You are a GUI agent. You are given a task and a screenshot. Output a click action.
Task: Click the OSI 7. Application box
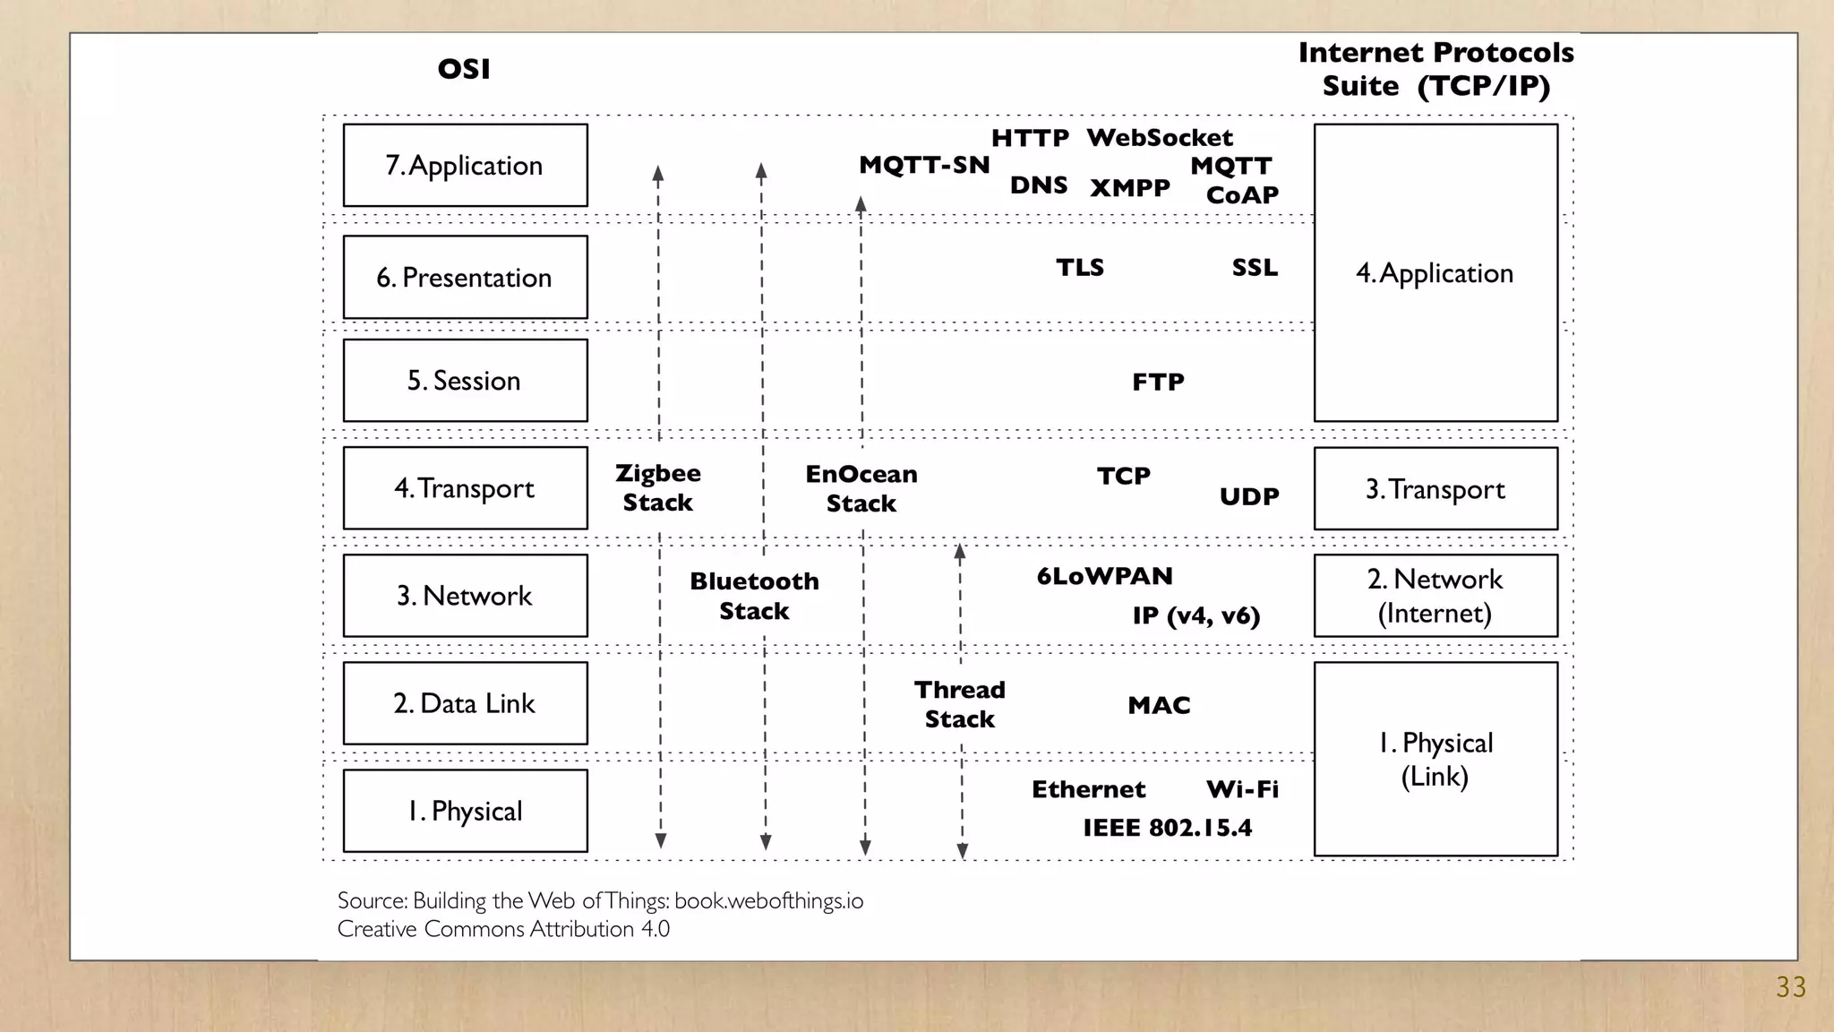(x=465, y=166)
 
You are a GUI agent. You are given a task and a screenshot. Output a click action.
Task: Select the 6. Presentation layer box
(x=465, y=278)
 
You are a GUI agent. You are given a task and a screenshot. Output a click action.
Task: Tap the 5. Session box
(x=465, y=381)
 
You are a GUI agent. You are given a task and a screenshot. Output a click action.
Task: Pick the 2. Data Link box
(x=465, y=703)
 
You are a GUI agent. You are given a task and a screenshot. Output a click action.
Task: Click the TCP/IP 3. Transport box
(x=1435, y=489)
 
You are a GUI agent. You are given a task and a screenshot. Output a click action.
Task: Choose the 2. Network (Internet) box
(x=1435, y=596)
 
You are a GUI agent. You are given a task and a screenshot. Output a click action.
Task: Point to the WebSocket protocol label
(x=1160, y=138)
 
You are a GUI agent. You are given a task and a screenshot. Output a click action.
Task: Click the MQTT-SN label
(x=924, y=165)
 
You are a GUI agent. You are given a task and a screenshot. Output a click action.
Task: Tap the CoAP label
(x=1242, y=195)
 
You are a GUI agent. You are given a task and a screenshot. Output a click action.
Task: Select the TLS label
(x=1080, y=268)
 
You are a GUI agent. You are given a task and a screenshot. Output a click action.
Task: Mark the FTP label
(x=1158, y=383)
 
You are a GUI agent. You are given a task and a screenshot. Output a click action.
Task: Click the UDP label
(x=1249, y=496)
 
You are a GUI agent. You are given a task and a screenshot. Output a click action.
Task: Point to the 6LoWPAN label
(x=1104, y=576)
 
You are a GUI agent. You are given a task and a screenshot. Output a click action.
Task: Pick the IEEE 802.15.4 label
(x=1167, y=828)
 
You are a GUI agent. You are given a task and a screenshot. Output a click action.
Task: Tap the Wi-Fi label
(x=1242, y=789)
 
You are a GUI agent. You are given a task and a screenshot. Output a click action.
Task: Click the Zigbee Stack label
(x=658, y=488)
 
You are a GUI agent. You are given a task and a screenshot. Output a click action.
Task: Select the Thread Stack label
(x=960, y=704)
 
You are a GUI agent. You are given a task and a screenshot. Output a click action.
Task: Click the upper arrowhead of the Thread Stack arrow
(x=960, y=551)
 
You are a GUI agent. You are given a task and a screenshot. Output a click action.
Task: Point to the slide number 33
(x=1790, y=987)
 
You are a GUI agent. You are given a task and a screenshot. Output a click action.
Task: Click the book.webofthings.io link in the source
(x=768, y=901)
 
